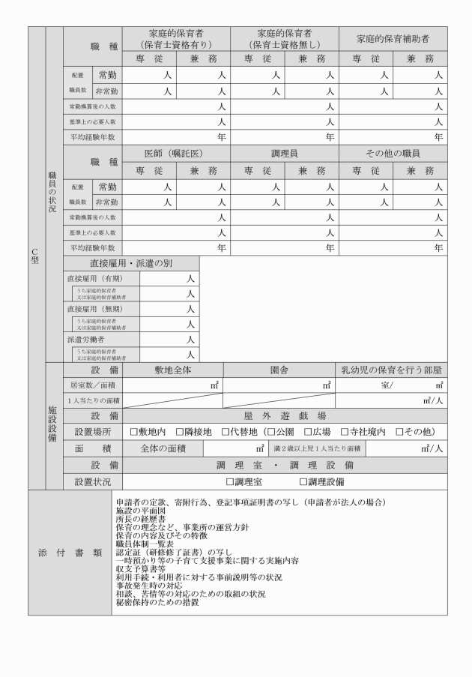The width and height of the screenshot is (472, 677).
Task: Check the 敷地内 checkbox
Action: (133, 432)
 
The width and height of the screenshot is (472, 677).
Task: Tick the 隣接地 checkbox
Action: (179, 432)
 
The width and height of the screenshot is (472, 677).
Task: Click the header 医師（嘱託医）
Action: (177, 154)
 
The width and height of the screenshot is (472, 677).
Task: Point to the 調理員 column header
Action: (285, 154)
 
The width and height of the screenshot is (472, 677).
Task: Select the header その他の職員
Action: (393, 154)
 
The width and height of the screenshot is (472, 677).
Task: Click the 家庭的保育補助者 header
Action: (393, 38)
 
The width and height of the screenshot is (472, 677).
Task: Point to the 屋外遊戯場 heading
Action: (285, 415)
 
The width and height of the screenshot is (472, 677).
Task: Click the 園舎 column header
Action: (285, 370)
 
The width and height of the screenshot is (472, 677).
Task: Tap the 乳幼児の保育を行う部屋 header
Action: (390, 370)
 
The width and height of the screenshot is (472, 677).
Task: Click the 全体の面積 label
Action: (166, 448)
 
